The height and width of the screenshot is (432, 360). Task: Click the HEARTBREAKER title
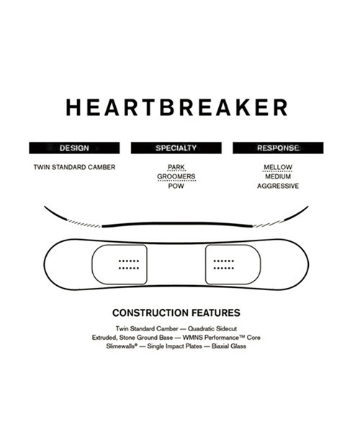point(176,107)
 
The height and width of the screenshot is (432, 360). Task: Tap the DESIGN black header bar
point(74,148)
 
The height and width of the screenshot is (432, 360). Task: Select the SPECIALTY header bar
point(176,148)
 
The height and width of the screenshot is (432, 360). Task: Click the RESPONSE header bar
point(278,148)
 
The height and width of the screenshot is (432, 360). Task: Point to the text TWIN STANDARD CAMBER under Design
point(74,167)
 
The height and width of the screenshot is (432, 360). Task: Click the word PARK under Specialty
point(176,167)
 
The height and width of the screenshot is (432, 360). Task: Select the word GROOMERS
point(176,176)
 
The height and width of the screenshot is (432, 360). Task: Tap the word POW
point(176,186)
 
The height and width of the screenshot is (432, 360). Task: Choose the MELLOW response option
point(278,167)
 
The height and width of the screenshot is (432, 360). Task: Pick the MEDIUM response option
point(278,176)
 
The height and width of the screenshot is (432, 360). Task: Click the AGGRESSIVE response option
point(278,186)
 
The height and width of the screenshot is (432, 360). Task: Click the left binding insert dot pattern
point(129,264)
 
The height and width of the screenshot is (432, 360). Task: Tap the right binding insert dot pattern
point(224,264)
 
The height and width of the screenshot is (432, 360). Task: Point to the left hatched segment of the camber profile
point(84,223)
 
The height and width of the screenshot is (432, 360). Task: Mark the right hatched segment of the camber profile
point(269,223)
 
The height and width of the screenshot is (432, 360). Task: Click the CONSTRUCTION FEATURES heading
point(176,313)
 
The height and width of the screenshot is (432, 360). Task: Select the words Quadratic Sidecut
point(212,329)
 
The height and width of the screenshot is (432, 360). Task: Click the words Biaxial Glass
point(229,346)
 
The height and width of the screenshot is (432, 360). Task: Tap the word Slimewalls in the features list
point(122,346)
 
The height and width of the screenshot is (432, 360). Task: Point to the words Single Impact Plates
point(175,346)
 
